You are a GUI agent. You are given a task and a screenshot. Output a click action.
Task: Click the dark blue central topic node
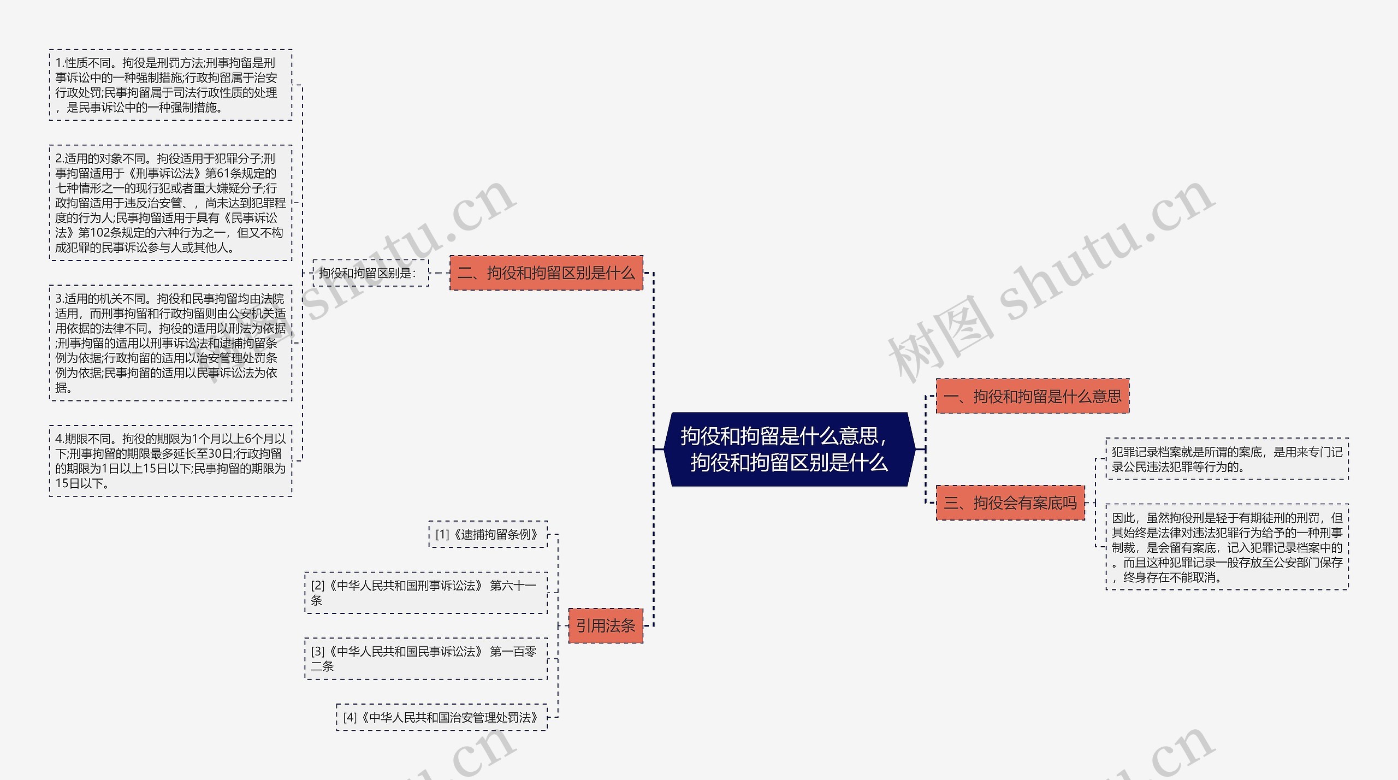(789, 449)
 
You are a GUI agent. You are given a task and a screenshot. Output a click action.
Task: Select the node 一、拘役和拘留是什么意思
(1032, 396)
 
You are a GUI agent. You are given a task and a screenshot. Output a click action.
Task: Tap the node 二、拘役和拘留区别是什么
(546, 273)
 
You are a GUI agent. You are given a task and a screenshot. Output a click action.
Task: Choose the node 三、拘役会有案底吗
(1010, 503)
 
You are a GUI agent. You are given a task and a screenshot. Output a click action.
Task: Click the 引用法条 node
(606, 625)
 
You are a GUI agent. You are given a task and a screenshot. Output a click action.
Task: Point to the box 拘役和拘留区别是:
(371, 273)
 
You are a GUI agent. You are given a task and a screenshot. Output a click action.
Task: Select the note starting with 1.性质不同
(170, 85)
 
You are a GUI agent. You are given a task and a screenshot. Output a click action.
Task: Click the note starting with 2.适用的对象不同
(170, 203)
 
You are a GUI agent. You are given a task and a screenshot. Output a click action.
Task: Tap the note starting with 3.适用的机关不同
(170, 343)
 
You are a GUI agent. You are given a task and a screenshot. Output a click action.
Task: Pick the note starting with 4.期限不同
(170, 461)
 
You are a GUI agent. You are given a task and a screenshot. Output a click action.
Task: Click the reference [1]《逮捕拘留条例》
(488, 534)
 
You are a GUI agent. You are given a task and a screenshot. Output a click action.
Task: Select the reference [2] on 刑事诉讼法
(425, 593)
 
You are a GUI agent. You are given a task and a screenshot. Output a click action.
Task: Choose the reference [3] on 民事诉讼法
(425, 659)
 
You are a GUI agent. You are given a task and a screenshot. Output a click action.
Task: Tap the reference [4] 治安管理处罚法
(441, 717)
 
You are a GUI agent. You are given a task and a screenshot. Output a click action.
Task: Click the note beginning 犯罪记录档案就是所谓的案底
(1227, 459)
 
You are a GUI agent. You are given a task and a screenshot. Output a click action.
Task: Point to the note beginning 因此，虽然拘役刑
(1227, 547)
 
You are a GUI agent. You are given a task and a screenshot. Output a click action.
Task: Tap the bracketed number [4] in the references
(350, 718)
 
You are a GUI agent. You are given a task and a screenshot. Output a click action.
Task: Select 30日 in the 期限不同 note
(221, 454)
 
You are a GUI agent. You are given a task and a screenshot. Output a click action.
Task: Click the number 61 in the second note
(223, 174)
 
